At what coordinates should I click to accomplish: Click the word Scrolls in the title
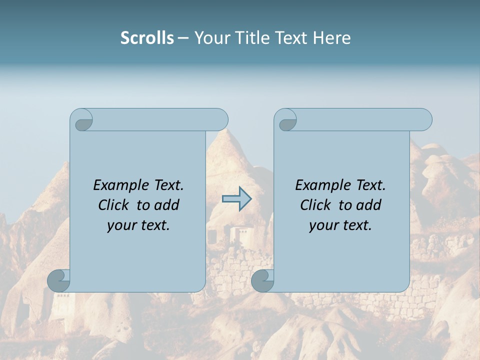pyautogui.click(x=147, y=38)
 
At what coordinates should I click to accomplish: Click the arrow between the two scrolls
pyautogui.click(x=237, y=199)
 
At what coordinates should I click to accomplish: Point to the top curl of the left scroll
pyautogui.click(x=81, y=120)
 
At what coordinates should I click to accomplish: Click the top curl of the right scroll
pyautogui.click(x=285, y=120)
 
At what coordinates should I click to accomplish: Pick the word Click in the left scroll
pyautogui.click(x=113, y=205)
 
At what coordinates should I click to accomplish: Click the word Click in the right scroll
pyautogui.click(x=315, y=205)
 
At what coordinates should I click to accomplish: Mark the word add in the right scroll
pyautogui.click(x=369, y=205)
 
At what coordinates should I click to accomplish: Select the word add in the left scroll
pyautogui.click(x=167, y=205)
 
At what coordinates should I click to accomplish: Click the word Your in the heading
pyautogui.click(x=211, y=38)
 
